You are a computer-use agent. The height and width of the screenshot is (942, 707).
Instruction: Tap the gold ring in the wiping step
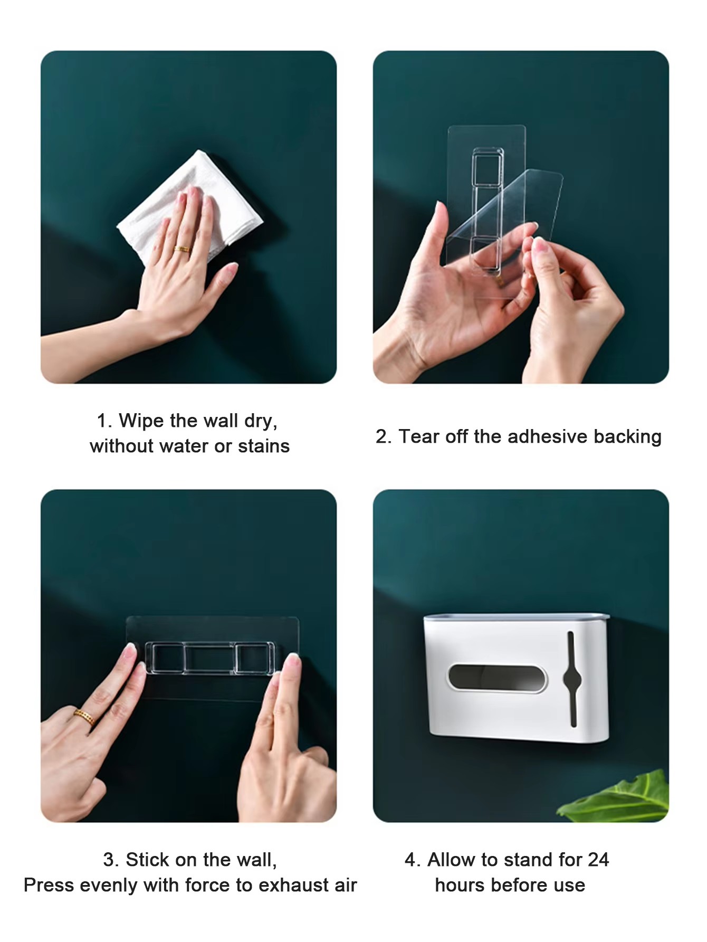point(183,249)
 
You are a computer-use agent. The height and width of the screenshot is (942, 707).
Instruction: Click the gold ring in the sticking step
point(84,717)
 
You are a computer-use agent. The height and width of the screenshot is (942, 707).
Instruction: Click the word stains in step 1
point(263,446)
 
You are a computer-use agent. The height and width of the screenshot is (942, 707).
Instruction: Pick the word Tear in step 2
point(419,436)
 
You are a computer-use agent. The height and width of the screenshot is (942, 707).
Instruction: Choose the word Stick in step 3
point(147,860)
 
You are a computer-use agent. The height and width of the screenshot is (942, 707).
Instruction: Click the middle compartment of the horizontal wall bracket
point(210,659)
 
